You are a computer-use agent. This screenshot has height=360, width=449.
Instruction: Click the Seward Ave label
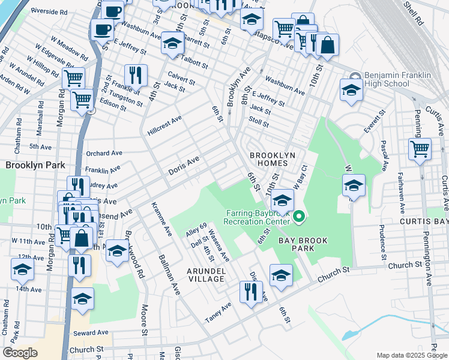90,332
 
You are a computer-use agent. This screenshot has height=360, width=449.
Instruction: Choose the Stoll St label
259,124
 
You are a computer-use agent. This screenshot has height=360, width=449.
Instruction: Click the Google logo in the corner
20,353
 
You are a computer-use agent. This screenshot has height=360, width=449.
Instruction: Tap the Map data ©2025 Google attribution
411,355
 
